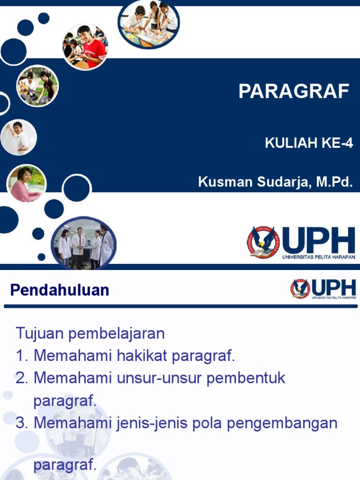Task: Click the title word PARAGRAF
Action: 294,91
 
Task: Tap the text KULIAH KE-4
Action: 308,143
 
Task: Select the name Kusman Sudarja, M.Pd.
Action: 275,182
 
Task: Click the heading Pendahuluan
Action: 60,290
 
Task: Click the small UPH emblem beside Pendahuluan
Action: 300,289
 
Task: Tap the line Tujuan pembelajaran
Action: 90,334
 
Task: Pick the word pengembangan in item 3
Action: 282,423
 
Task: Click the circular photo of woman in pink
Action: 27,183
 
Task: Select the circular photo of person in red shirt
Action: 85,47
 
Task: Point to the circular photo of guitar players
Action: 37,86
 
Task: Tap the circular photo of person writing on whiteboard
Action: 19,137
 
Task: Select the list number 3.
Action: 22,423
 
